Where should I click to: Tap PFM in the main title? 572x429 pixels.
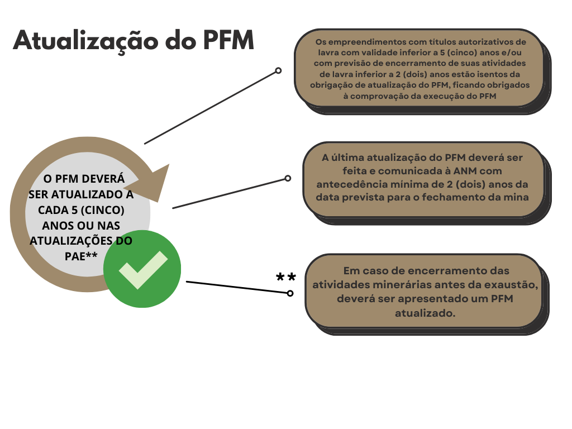228,40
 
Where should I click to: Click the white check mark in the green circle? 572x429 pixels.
143,270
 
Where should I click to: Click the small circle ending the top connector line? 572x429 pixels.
278,70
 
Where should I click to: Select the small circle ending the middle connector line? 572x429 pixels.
288,178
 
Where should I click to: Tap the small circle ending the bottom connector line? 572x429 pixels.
290,293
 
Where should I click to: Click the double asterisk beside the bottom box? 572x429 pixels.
286,277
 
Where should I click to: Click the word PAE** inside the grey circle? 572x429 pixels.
81,256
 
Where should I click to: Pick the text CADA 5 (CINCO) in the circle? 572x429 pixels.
81,210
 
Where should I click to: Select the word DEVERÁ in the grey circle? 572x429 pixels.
103,179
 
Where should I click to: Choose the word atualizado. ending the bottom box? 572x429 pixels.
425,313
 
